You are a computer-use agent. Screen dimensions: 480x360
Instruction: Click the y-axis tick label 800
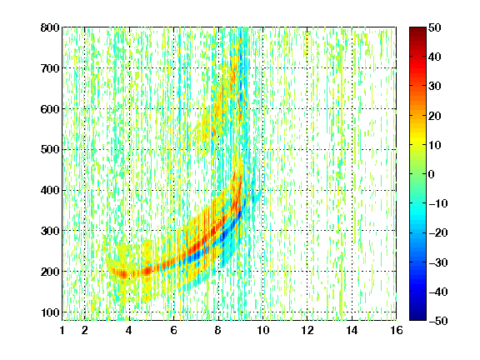[50, 27]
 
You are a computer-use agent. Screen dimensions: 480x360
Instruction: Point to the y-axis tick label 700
[50, 68]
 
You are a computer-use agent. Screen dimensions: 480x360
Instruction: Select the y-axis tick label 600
[50, 109]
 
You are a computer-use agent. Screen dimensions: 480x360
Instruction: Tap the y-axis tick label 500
[50, 150]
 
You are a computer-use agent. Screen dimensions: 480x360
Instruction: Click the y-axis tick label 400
[50, 190]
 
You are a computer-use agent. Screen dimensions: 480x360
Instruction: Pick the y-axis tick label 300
[50, 231]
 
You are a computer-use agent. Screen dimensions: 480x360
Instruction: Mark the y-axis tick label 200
[50, 272]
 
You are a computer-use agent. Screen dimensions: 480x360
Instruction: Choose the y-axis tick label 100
[50, 312]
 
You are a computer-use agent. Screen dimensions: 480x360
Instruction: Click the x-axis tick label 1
[62, 330]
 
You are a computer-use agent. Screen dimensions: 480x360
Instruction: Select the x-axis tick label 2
[84, 330]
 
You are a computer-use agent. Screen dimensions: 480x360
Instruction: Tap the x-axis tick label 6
[173, 330]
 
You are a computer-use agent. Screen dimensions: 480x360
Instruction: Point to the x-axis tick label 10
[262, 330]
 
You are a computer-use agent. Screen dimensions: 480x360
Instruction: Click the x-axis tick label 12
[307, 330]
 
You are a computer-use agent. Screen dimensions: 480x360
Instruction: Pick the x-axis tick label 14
[352, 330]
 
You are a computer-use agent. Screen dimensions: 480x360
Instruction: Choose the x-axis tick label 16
[397, 330]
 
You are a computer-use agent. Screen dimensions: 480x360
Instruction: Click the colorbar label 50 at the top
[434, 27]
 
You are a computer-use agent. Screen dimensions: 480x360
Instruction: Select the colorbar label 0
[432, 174]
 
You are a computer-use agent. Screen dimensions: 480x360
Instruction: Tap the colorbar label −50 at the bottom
[438, 321]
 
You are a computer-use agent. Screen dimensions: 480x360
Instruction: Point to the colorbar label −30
[438, 262]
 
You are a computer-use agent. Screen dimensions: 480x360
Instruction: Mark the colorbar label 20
[434, 116]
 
